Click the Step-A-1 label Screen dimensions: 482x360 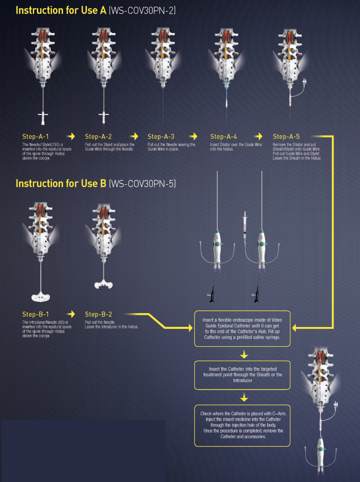pyautogui.click(x=36, y=136)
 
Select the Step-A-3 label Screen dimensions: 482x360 pyautogui.click(x=161, y=136)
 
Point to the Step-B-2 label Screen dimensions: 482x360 pyautogui.click(x=99, y=314)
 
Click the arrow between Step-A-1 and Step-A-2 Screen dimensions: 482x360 pyautogui.click(x=71, y=136)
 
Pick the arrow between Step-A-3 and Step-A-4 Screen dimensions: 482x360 pyautogui.click(x=193, y=136)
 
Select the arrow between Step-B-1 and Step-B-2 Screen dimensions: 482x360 pyautogui.click(x=71, y=314)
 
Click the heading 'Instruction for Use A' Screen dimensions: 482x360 pyautogui.click(x=61, y=10)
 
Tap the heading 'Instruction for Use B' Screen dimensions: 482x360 pyautogui.click(x=61, y=183)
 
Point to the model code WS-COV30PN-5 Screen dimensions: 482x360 pyautogui.click(x=143, y=184)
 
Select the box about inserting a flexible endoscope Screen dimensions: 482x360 pyautogui.click(x=242, y=328)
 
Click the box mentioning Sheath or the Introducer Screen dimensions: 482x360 pyautogui.click(x=242, y=375)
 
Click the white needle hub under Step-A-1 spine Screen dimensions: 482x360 pyautogui.click(x=43, y=116)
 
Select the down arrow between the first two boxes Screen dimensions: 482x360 pyautogui.click(x=243, y=353)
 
